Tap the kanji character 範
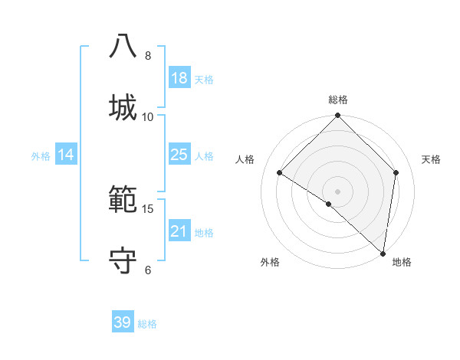point(123,199)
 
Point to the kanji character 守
point(123,260)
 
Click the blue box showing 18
point(179,78)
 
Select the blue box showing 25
point(179,155)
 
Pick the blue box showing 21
point(179,231)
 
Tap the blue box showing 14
point(66,155)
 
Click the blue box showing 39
point(123,322)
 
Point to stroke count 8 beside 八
point(148,56)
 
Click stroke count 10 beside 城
point(148,116)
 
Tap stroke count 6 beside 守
point(148,270)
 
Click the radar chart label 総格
point(338,100)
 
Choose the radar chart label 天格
point(431,159)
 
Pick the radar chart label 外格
point(270,263)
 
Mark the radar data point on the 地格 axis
point(383,253)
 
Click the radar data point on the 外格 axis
point(329,204)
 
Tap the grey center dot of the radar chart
point(338,191)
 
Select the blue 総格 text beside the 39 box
point(148,324)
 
